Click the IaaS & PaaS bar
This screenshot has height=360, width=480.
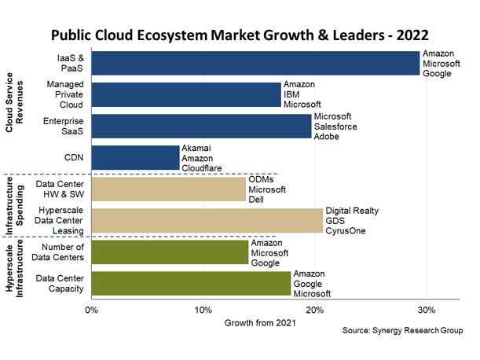[255, 63]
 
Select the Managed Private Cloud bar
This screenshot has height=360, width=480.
[185, 94]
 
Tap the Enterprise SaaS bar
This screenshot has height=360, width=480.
[201, 126]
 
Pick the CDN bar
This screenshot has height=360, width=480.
[135, 157]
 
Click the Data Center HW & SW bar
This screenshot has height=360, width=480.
[168, 189]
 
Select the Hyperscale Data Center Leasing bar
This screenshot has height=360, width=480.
[207, 221]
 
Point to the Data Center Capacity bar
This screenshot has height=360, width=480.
[191, 284]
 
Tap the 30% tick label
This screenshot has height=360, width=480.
[426, 310]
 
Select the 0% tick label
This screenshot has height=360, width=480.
[92, 310]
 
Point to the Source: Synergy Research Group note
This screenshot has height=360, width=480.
[402, 332]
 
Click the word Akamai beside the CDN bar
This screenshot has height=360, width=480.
[197, 148]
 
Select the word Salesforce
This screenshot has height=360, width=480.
[336, 127]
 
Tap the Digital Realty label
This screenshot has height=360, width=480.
[352, 211]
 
